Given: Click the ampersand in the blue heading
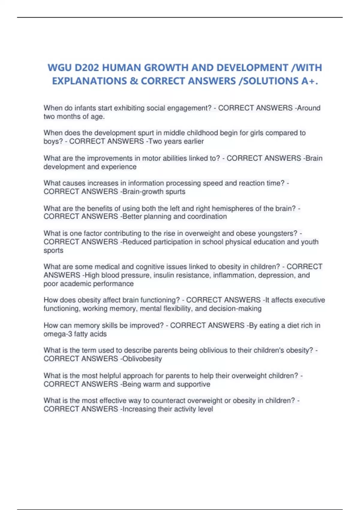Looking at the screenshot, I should pos(133,81).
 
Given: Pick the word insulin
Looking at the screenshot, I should pos(164,275).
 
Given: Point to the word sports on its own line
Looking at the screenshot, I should pos(53,250).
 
